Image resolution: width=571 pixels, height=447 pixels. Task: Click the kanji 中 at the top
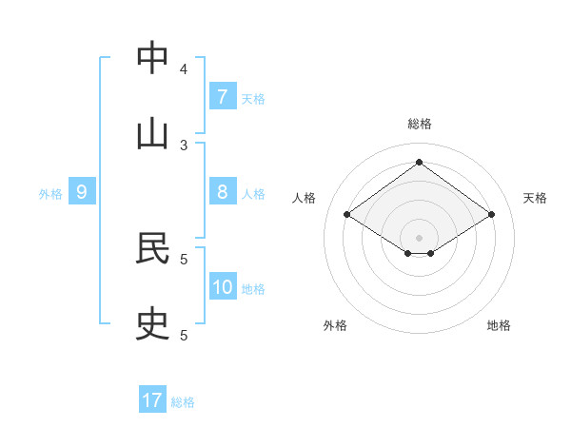click(152, 58)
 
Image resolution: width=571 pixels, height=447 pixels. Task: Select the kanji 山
click(152, 134)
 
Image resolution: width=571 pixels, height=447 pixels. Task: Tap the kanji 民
click(152, 248)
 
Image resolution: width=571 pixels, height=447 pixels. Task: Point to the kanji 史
click(152, 324)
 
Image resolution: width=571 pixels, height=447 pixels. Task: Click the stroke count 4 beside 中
click(184, 69)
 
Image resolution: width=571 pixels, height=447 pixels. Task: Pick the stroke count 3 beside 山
click(184, 146)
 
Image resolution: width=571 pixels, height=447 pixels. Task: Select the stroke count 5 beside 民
click(184, 259)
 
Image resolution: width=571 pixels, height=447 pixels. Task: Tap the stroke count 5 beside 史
click(184, 335)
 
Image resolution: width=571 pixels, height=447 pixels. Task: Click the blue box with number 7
click(222, 97)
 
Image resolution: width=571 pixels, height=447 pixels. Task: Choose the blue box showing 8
click(222, 192)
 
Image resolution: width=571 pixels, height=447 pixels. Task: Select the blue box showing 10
click(222, 287)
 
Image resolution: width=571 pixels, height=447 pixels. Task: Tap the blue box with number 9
click(82, 192)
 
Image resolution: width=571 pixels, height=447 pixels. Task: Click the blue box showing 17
click(152, 400)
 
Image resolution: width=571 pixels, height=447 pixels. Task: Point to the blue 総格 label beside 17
click(183, 402)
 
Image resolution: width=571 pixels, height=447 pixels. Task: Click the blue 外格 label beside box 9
click(50, 194)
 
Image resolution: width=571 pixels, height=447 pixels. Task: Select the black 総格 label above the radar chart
click(419, 124)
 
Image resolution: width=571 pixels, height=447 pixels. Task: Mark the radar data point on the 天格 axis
click(491, 215)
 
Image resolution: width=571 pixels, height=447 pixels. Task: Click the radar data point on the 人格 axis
click(347, 215)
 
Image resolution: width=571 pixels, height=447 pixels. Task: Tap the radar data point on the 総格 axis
click(419, 163)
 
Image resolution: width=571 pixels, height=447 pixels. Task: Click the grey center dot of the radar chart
click(419, 237)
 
